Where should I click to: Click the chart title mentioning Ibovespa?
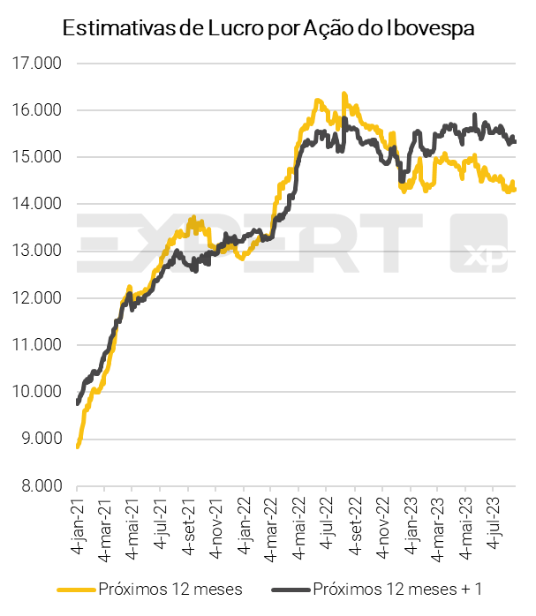point(268,28)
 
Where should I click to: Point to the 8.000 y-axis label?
point(38,485)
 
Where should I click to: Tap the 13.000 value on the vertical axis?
point(38,252)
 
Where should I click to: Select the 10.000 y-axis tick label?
point(38,392)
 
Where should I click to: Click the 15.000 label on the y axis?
point(38,158)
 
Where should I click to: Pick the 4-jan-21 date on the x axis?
point(79,523)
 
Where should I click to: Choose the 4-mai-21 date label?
point(133,523)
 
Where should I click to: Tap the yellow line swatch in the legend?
point(76,589)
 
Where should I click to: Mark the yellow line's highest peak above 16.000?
point(344,94)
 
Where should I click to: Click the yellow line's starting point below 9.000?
point(78,447)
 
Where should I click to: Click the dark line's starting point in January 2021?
point(78,403)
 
